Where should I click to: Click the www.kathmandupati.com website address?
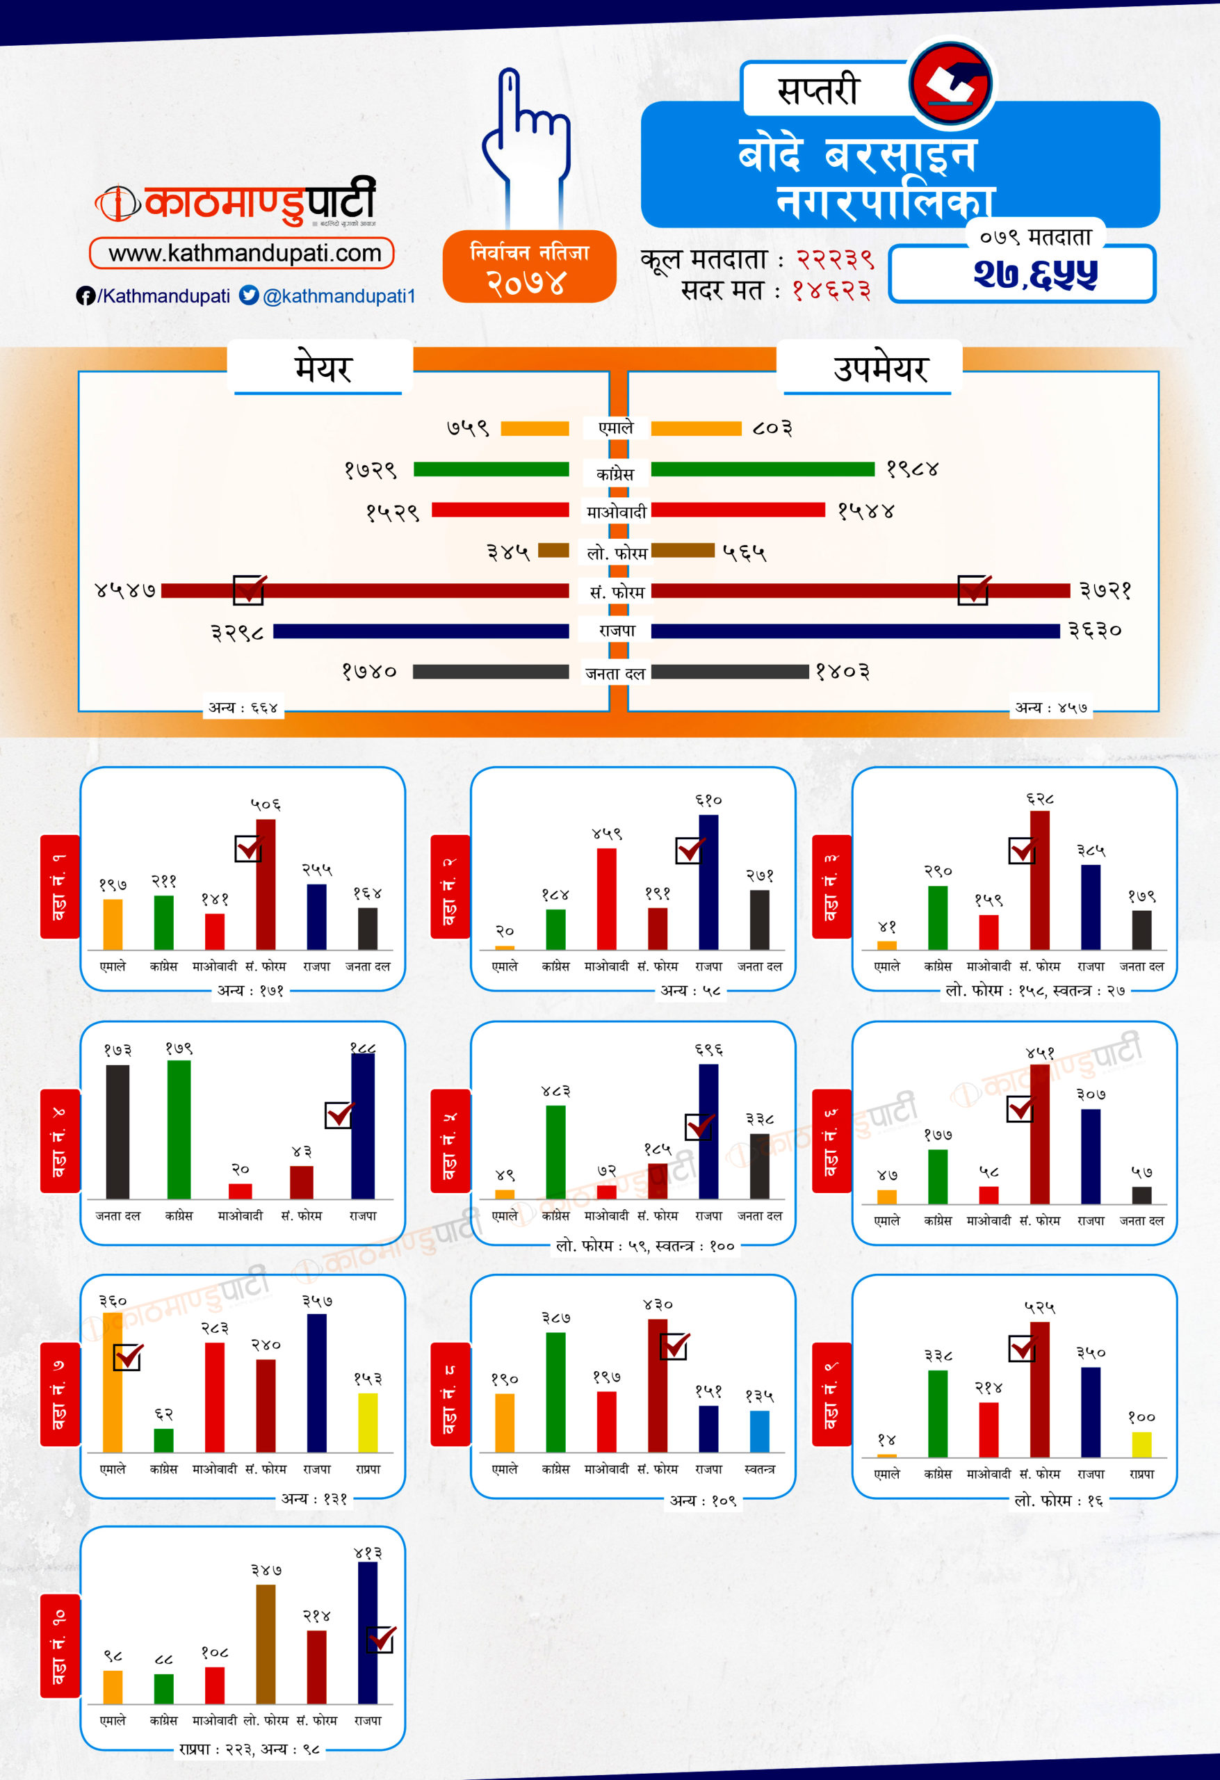243,254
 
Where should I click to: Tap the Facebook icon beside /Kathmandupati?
85,296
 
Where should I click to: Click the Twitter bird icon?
249,296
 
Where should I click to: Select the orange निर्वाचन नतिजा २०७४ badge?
529,266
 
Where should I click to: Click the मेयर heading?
322,369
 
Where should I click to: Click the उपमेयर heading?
880,369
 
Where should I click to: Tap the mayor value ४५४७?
125,590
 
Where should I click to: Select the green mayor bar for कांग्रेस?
491,469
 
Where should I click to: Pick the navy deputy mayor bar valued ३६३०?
854,631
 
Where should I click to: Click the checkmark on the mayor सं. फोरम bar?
250,589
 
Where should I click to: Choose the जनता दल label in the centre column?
615,673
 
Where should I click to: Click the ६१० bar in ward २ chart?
708,882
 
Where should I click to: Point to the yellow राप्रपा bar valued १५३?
368,1423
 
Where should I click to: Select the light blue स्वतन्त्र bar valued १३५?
759,1431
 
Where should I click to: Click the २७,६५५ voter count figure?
1034,274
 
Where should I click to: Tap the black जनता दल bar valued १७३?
117,1131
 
